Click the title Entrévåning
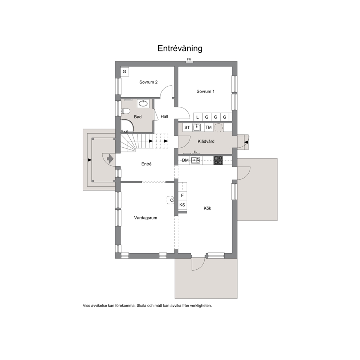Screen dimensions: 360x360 pyautogui.click(x=180, y=48)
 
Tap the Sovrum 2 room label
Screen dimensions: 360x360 pyautogui.click(x=148, y=82)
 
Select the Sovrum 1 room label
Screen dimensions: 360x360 pyautogui.click(x=205, y=91)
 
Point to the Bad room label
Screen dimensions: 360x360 pyautogui.click(x=138, y=117)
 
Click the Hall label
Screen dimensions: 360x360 pyautogui.click(x=164, y=116)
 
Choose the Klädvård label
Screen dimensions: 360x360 pyautogui.click(x=206, y=141)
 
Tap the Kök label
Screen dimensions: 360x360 pyautogui.click(x=207, y=208)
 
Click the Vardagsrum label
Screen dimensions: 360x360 pyautogui.click(x=146, y=218)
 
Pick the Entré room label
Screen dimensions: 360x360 pyautogui.click(x=147, y=164)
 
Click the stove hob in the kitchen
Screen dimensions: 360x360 pyautogui.click(x=218, y=160)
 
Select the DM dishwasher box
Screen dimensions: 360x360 pyautogui.click(x=185, y=160)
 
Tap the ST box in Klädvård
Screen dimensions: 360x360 pyautogui.click(x=187, y=127)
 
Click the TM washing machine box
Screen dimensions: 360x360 pyautogui.click(x=208, y=127)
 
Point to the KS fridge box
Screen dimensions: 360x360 pyautogui.click(x=183, y=205)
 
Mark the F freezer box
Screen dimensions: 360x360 pyautogui.click(x=183, y=195)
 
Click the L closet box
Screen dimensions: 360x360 pyautogui.click(x=197, y=117)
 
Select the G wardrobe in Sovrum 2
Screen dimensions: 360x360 pyautogui.click(x=125, y=71)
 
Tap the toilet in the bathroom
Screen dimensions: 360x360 pyautogui.click(x=126, y=111)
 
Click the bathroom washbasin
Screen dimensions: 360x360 pyautogui.click(x=143, y=103)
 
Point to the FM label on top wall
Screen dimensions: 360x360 pyautogui.click(x=189, y=60)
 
